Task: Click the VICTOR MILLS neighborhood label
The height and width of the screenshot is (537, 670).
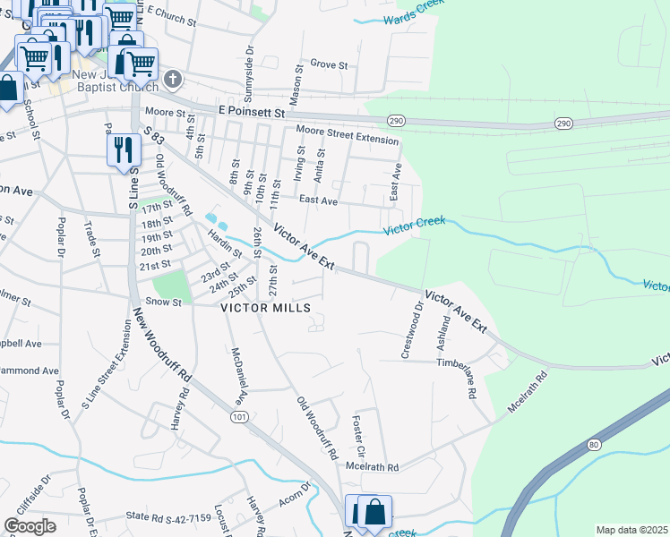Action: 266,308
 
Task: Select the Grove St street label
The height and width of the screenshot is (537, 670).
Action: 329,64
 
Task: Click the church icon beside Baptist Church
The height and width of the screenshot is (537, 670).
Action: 173,81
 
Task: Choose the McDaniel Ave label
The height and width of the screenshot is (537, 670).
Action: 236,374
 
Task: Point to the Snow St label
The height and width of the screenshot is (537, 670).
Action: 164,303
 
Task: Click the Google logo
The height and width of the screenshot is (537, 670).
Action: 30,526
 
